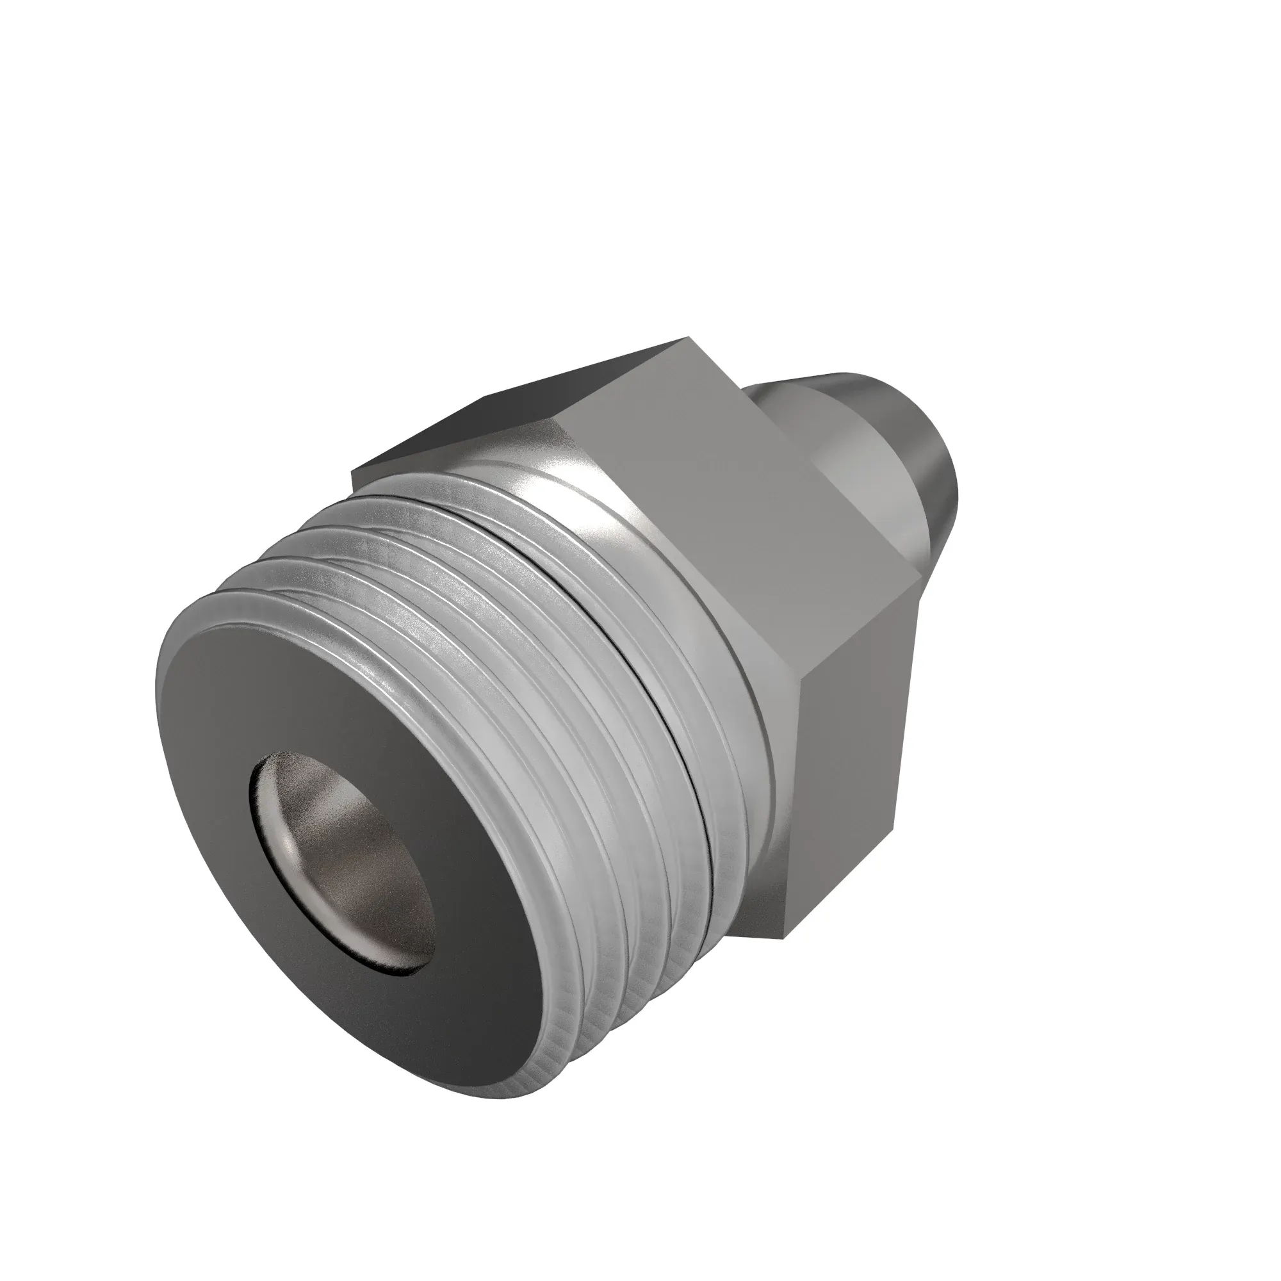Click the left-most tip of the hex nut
click(x=352, y=469)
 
